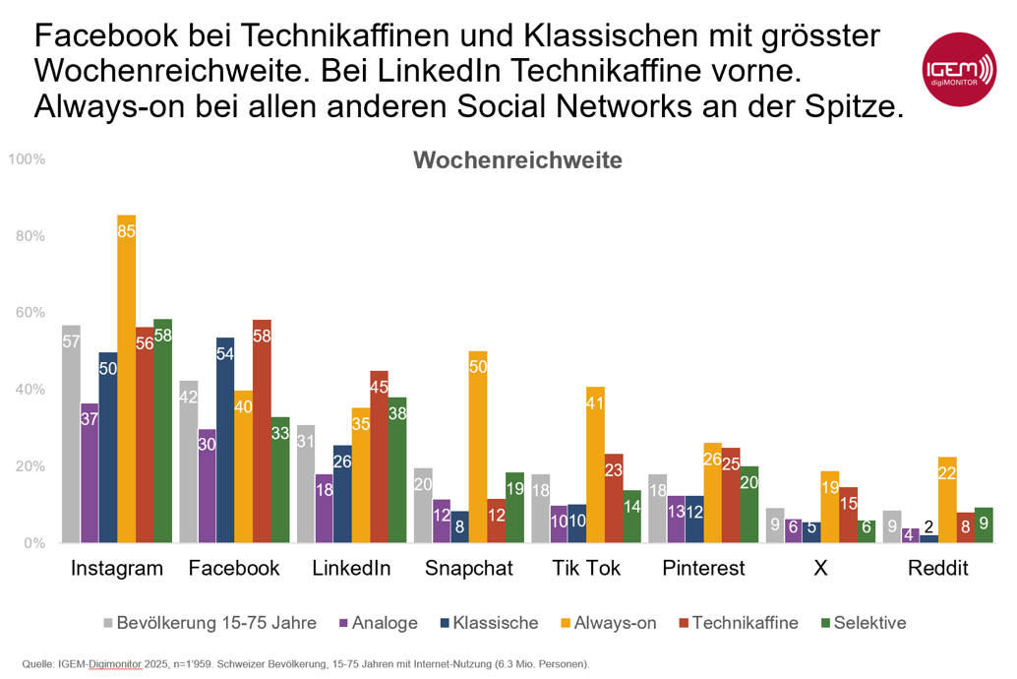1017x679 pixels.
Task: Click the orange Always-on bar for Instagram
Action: click(x=126, y=379)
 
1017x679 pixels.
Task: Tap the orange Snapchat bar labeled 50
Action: click(x=478, y=447)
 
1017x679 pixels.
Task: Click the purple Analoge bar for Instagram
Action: click(x=90, y=472)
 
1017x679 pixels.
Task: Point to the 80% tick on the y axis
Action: click(x=30, y=236)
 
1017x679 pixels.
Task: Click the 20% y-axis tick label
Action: click(x=30, y=466)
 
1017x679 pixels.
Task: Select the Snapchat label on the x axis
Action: click(x=468, y=569)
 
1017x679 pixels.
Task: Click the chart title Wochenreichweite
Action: click(x=517, y=160)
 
